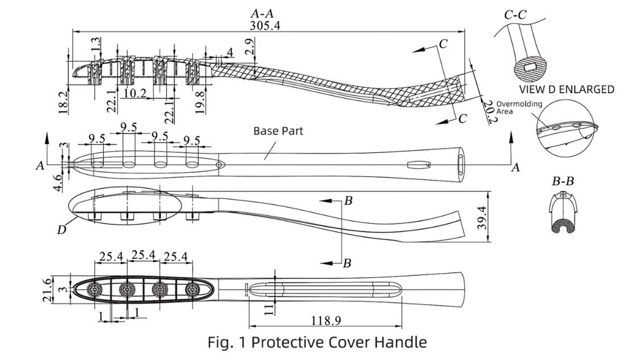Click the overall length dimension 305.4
click(265, 25)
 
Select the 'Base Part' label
click(278, 131)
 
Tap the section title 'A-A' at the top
click(262, 13)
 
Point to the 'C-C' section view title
click(515, 15)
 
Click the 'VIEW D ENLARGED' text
click(566, 89)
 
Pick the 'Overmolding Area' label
click(519, 107)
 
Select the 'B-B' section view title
click(563, 181)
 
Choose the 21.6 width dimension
click(47, 290)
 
